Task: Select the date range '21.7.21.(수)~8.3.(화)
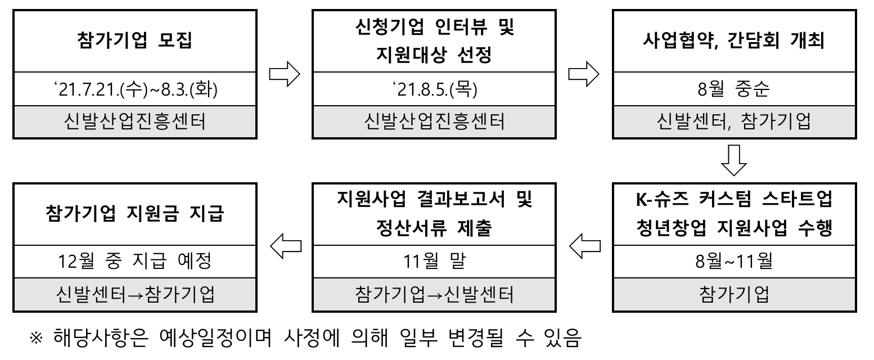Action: pos(134,91)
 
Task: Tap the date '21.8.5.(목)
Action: pos(434,91)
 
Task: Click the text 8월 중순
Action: pos(734,91)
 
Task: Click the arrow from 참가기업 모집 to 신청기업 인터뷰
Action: pos(283,76)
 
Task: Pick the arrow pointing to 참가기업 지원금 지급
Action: pos(283,245)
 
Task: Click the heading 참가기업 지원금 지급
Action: pos(134,214)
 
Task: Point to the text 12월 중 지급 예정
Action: pos(134,262)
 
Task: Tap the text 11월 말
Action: pos(434,262)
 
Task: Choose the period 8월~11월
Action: pos(734,262)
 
